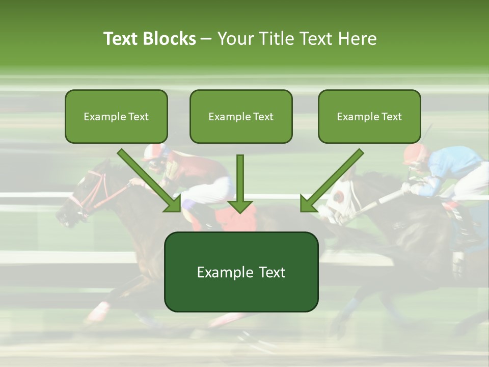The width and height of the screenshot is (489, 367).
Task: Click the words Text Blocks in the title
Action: (149, 39)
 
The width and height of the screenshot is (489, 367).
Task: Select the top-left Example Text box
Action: (116, 116)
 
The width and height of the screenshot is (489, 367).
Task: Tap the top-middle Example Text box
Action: (241, 116)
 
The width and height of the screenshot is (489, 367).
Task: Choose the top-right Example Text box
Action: (369, 116)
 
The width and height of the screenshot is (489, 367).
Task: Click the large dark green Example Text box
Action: (241, 272)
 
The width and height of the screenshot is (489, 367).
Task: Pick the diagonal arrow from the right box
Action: (331, 181)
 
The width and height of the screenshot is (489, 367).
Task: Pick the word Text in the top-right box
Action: (391, 117)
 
